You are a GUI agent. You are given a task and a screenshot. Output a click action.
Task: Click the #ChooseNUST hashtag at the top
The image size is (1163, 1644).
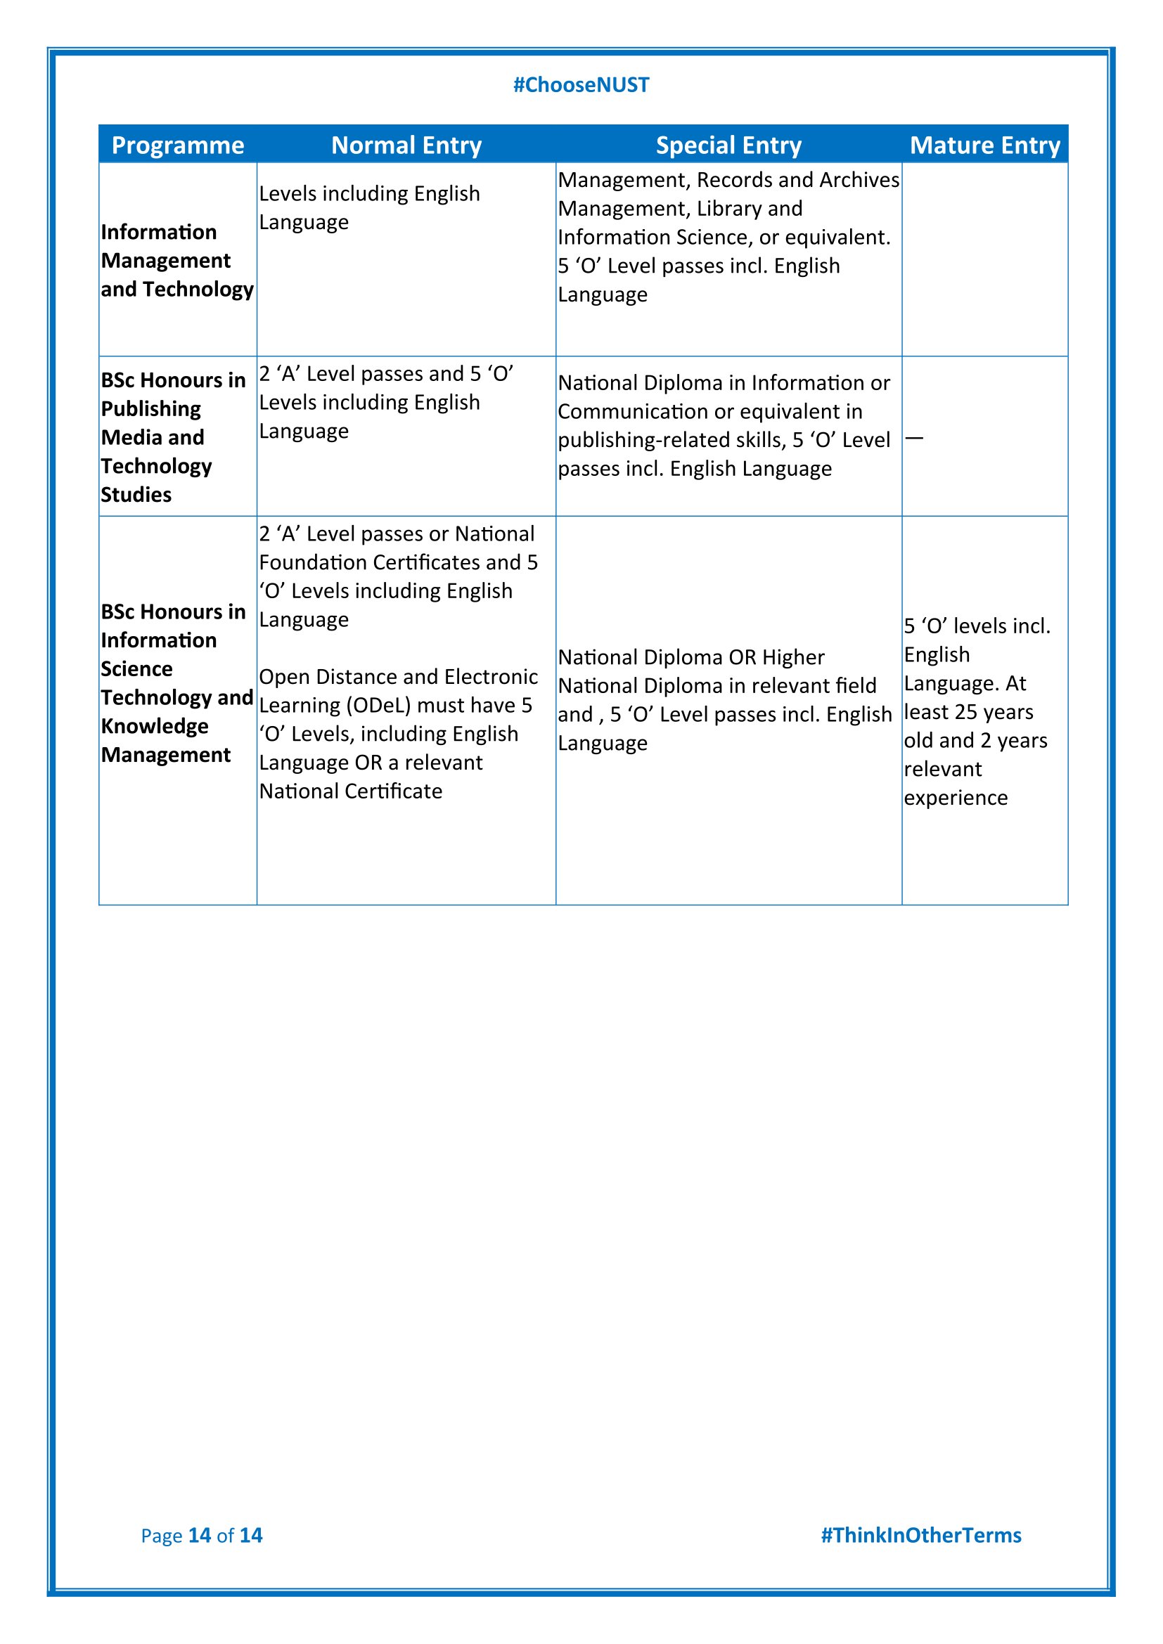click(581, 85)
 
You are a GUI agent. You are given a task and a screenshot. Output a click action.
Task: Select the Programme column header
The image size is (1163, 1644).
click(178, 145)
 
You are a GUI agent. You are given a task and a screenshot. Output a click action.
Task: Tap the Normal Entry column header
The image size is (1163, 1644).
click(406, 145)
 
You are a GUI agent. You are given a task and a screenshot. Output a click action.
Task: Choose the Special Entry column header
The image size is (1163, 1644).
click(728, 145)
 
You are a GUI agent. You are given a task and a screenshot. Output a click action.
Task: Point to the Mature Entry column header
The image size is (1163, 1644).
click(984, 145)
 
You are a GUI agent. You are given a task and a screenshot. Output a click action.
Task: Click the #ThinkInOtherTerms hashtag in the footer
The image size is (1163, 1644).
click(921, 1535)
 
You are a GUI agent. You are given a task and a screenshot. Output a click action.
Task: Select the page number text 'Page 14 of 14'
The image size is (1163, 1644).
click(201, 1535)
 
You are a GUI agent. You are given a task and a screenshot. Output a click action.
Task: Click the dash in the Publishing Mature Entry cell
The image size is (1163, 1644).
click(915, 437)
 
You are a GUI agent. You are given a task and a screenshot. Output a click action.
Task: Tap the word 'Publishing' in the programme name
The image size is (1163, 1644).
click(151, 409)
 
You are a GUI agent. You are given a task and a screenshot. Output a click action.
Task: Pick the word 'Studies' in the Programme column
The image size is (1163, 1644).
click(136, 495)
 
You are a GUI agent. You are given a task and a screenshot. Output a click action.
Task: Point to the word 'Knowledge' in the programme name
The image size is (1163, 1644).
click(155, 726)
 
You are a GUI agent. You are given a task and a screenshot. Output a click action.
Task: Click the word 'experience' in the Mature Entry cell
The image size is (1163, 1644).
click(956, 798)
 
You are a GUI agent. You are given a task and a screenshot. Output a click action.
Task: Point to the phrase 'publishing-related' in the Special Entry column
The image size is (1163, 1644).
click(672, 441)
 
